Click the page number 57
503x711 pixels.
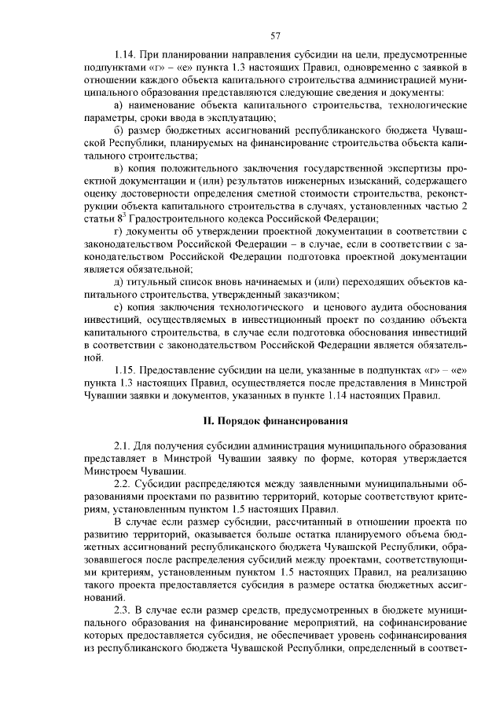pyautogui.click(x=276, y=35)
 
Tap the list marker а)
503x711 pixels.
pyautogui.click(x=119, y=104)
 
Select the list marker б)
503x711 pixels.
pyautogui.click(x=119, y=130)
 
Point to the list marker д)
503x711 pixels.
pyautogui.click(x=119, y=280)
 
